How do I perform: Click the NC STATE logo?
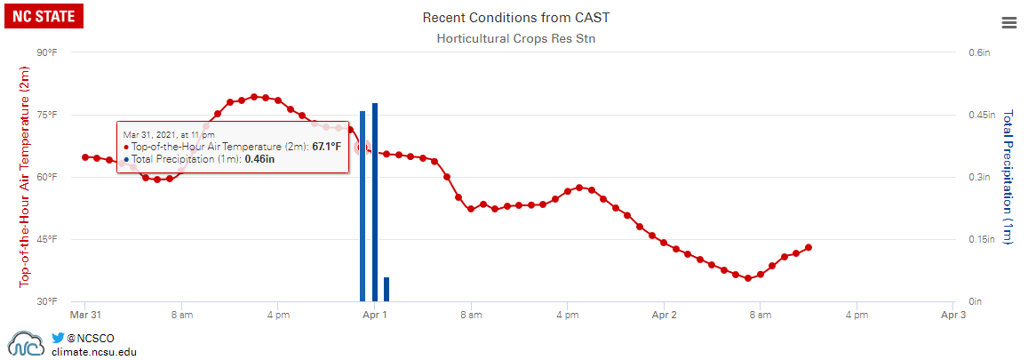44,15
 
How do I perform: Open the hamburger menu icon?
1008,23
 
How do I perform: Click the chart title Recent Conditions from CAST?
516,18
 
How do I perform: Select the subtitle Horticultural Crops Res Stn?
516,38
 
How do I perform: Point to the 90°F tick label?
47,53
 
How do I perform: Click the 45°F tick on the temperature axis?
47,239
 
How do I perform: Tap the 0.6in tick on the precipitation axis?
980,53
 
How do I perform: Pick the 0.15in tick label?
983,239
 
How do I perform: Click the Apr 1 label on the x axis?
375,315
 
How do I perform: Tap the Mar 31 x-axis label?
85,315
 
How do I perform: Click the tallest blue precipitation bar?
375,202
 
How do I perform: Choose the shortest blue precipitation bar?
386,289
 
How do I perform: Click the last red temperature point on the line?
809,247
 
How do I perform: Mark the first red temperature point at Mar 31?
85,157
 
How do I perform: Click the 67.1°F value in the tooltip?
326,147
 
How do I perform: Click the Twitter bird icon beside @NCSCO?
58,338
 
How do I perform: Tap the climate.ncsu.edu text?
94,352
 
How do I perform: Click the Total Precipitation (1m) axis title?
1008,177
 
